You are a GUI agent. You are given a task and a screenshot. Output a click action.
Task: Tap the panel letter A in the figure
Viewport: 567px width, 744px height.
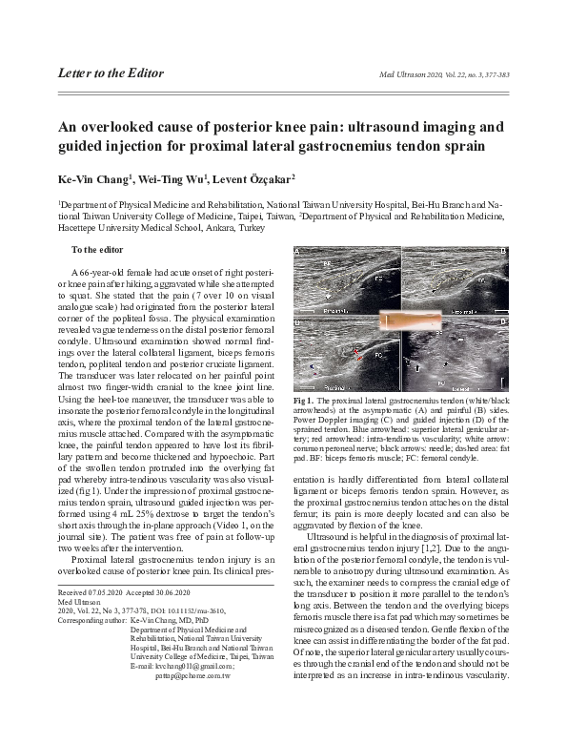point(300,255)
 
